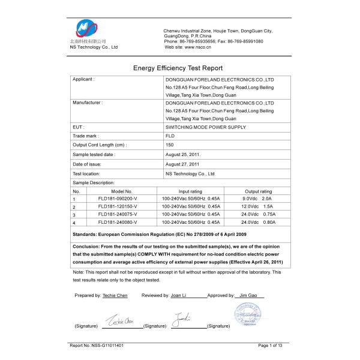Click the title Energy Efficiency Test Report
tap(178, 68)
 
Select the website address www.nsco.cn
tap(199, 46)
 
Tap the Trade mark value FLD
tap(170, 136)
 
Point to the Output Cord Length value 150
tap(169, 145)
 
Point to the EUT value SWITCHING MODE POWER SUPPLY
tap(205, 127)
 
